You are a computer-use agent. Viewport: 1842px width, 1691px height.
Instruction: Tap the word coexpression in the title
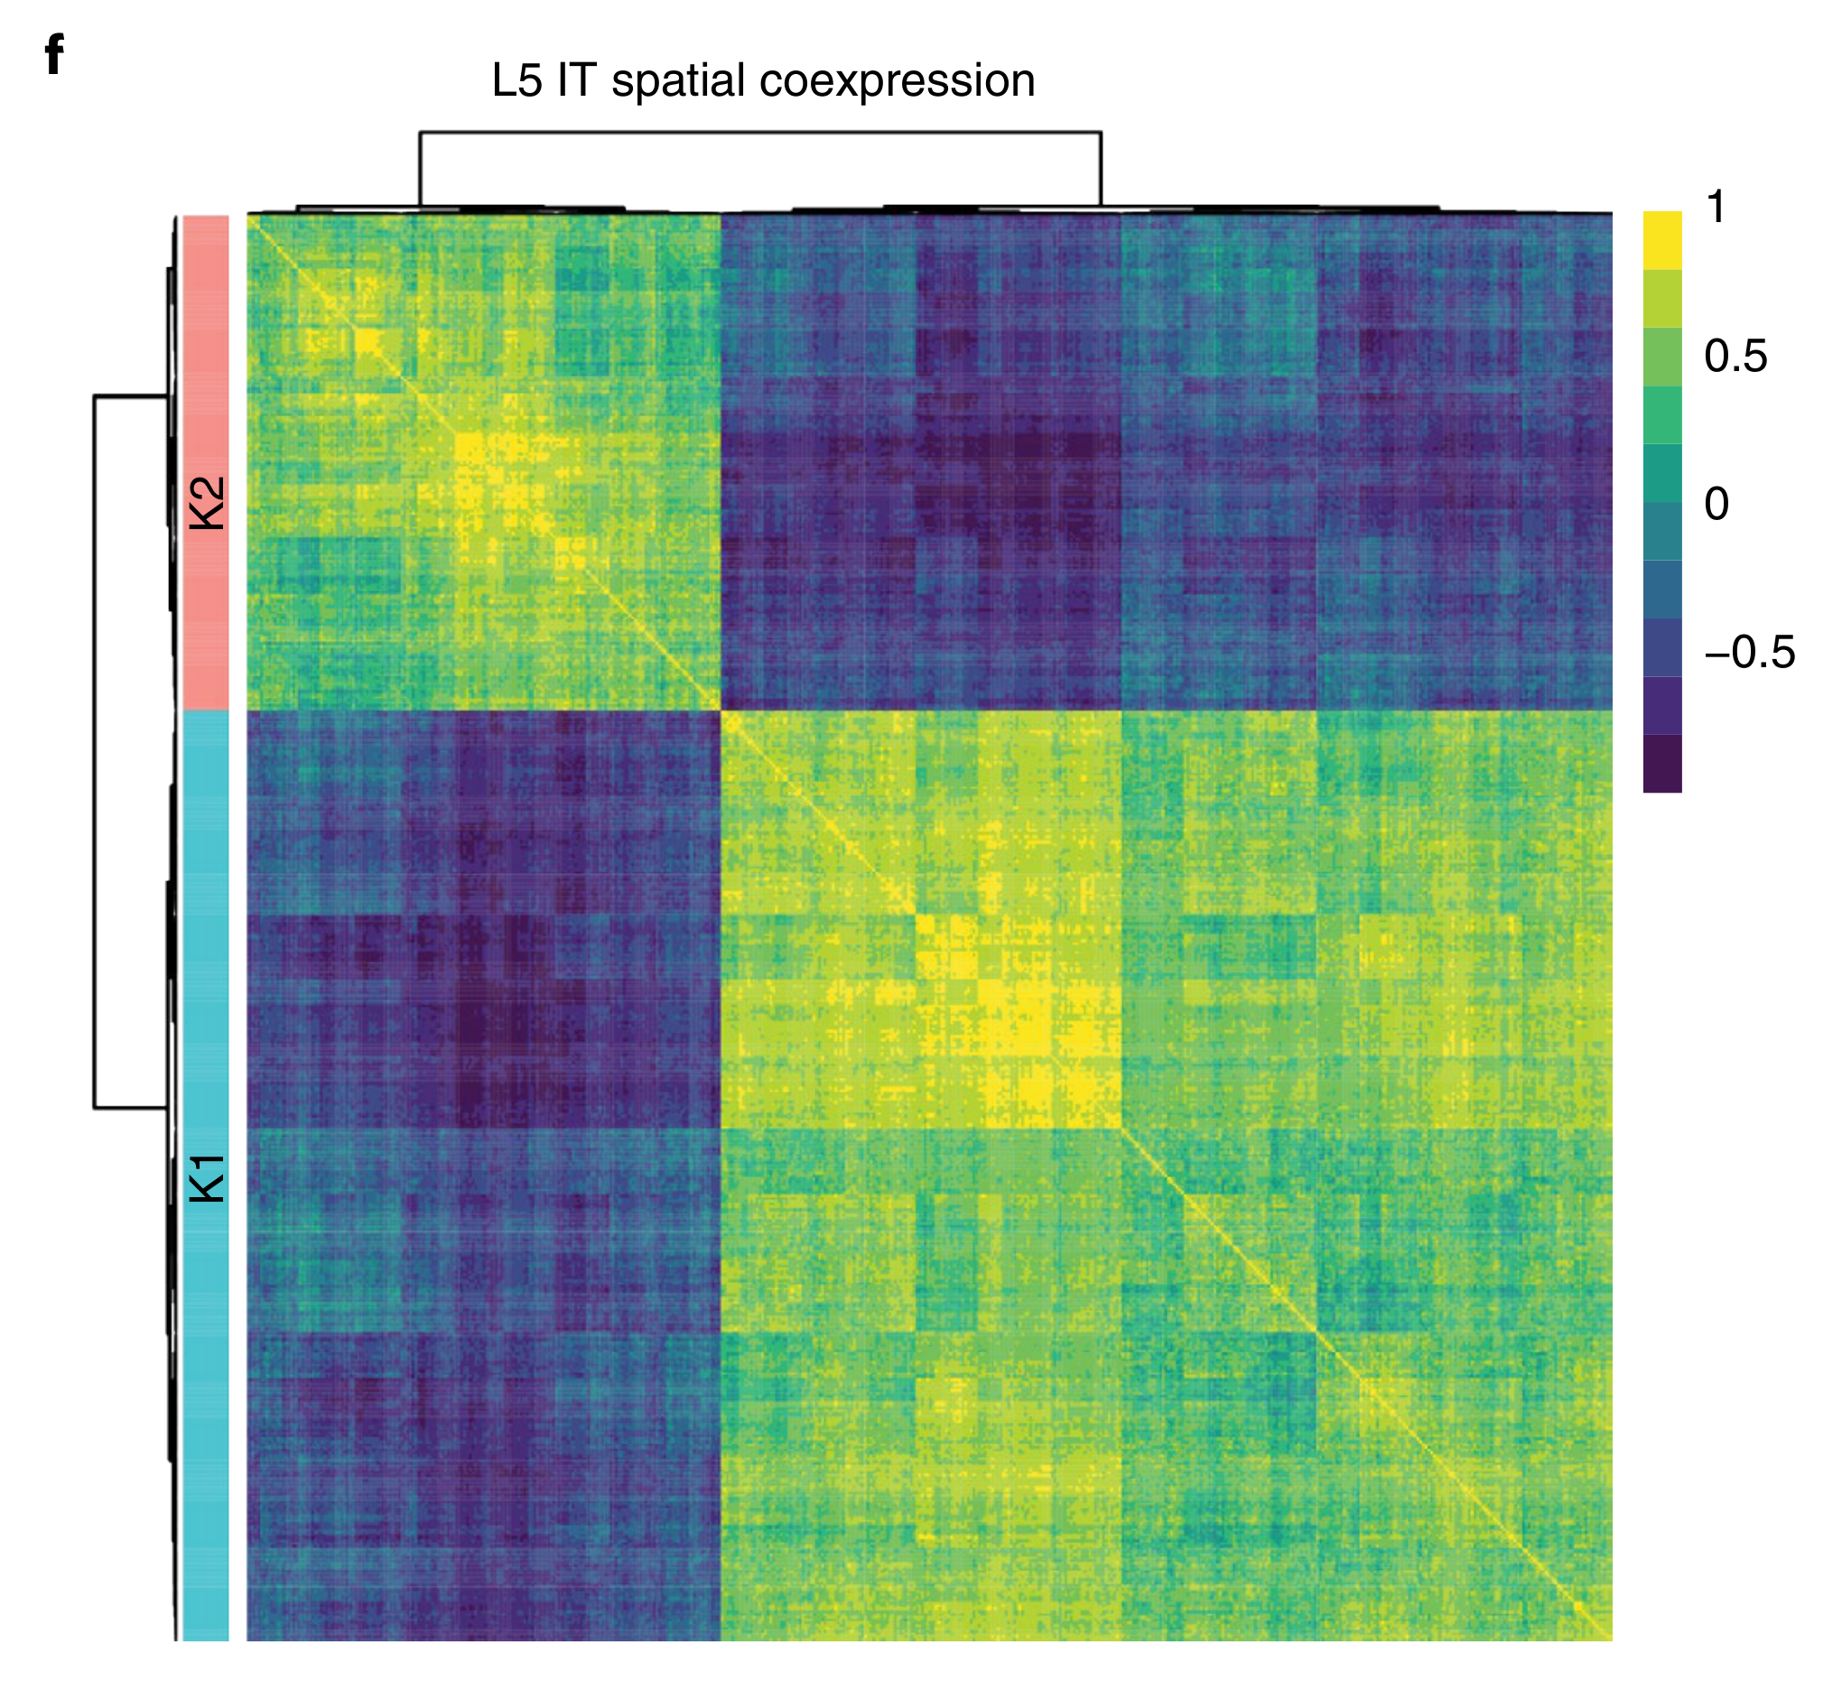coord(897,81)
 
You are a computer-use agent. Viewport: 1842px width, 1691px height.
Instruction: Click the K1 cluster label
coord(207,1178)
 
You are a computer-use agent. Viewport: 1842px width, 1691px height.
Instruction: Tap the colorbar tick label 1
coord(1716,208)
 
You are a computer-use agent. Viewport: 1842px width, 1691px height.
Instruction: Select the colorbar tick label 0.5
coord(1735,356)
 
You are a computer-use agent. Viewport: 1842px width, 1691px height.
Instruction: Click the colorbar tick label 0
coord(1716,504)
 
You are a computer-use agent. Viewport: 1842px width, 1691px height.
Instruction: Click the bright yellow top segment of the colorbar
coord(1661,240)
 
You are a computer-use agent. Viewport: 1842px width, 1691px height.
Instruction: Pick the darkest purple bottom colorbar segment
coord(1661,763)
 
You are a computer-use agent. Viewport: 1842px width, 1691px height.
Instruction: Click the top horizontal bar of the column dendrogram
coord(759,133)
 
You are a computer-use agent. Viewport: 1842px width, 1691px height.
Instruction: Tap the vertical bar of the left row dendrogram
coord(94,750)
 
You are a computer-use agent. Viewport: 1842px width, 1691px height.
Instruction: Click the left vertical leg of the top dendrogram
coord(420,170)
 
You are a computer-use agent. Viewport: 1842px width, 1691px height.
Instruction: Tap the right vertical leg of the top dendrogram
coord(1100,170)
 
